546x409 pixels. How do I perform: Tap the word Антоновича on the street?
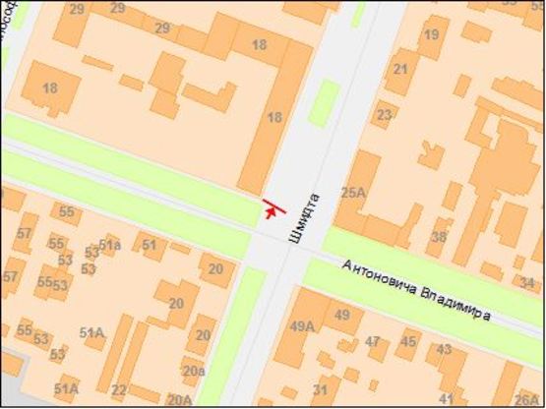click(379, 279)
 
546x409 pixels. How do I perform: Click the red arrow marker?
click(272, 208)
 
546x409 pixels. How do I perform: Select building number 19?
click(430, 36)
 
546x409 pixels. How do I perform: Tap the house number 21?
click(400, 69)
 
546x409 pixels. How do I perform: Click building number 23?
click(385, 115)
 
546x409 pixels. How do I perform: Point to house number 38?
click(438, 237)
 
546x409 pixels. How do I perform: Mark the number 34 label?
click(527, 283)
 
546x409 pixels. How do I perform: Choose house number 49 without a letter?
click(342, 315)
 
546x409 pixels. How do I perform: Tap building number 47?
click(373, 341)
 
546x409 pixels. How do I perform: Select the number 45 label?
click(407, 341)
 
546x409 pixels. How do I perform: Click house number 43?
click(446, 349)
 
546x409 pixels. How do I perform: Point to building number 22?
click(119, 389)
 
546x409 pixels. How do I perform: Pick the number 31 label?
click(321, 389)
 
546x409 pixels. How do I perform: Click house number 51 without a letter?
click(150, 245)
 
